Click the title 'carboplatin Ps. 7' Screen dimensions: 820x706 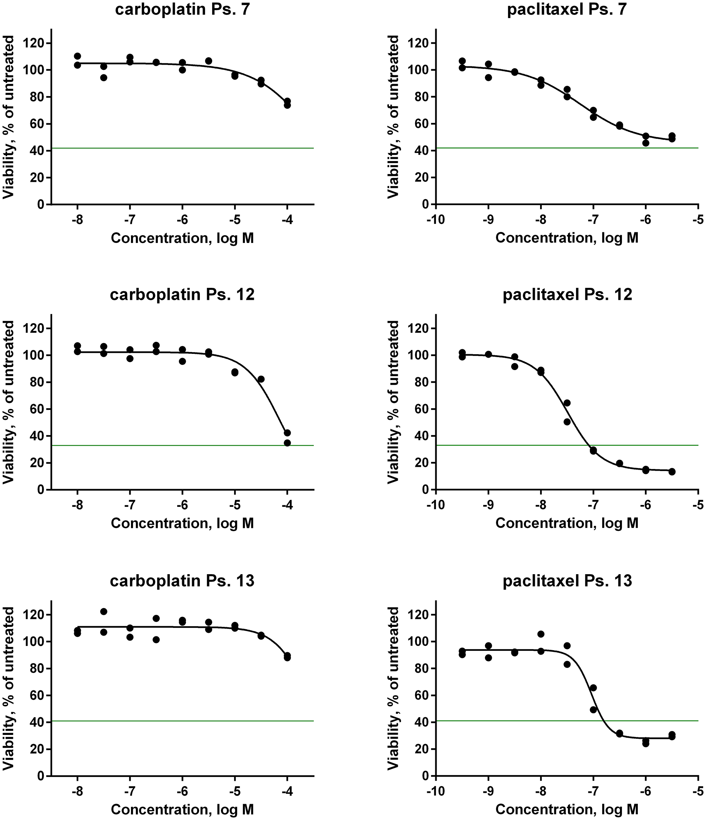pos(183,9)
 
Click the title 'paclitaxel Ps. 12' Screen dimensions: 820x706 pos(567,295)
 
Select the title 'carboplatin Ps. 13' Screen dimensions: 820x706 pos(183,581)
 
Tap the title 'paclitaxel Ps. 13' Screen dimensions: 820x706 pos(567,581)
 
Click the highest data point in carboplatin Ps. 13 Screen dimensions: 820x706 pos(104,611)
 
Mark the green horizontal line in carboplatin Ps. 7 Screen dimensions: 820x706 pos(182,148)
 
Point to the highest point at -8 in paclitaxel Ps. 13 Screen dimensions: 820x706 pos(541,634)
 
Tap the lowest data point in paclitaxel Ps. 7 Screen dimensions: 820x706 pos(646,143)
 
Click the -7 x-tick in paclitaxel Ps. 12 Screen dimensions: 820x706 pos(593,505)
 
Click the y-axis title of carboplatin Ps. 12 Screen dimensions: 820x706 pos(8,402)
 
